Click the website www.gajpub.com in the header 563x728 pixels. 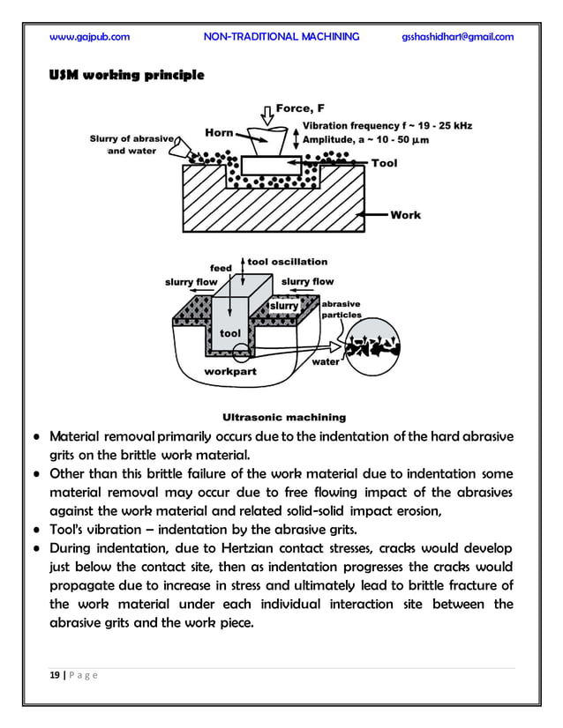click(x=90, y=36)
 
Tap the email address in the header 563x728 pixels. click(x=457, y=36)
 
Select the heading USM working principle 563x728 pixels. click(x=126, y=77)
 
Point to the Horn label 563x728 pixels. click(x=219, y=133)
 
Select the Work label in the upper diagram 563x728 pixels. click(x=405, y=214)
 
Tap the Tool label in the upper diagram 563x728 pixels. click(x=384, y=163)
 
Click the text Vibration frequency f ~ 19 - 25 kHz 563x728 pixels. click(x=387, y=126)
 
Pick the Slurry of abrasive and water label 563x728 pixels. click(x=132, y=145)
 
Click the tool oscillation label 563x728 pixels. click(x=288, y=262)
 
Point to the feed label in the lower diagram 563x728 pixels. click(x=220, y=267)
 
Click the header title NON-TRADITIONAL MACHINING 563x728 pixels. click(x=281, y=36)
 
